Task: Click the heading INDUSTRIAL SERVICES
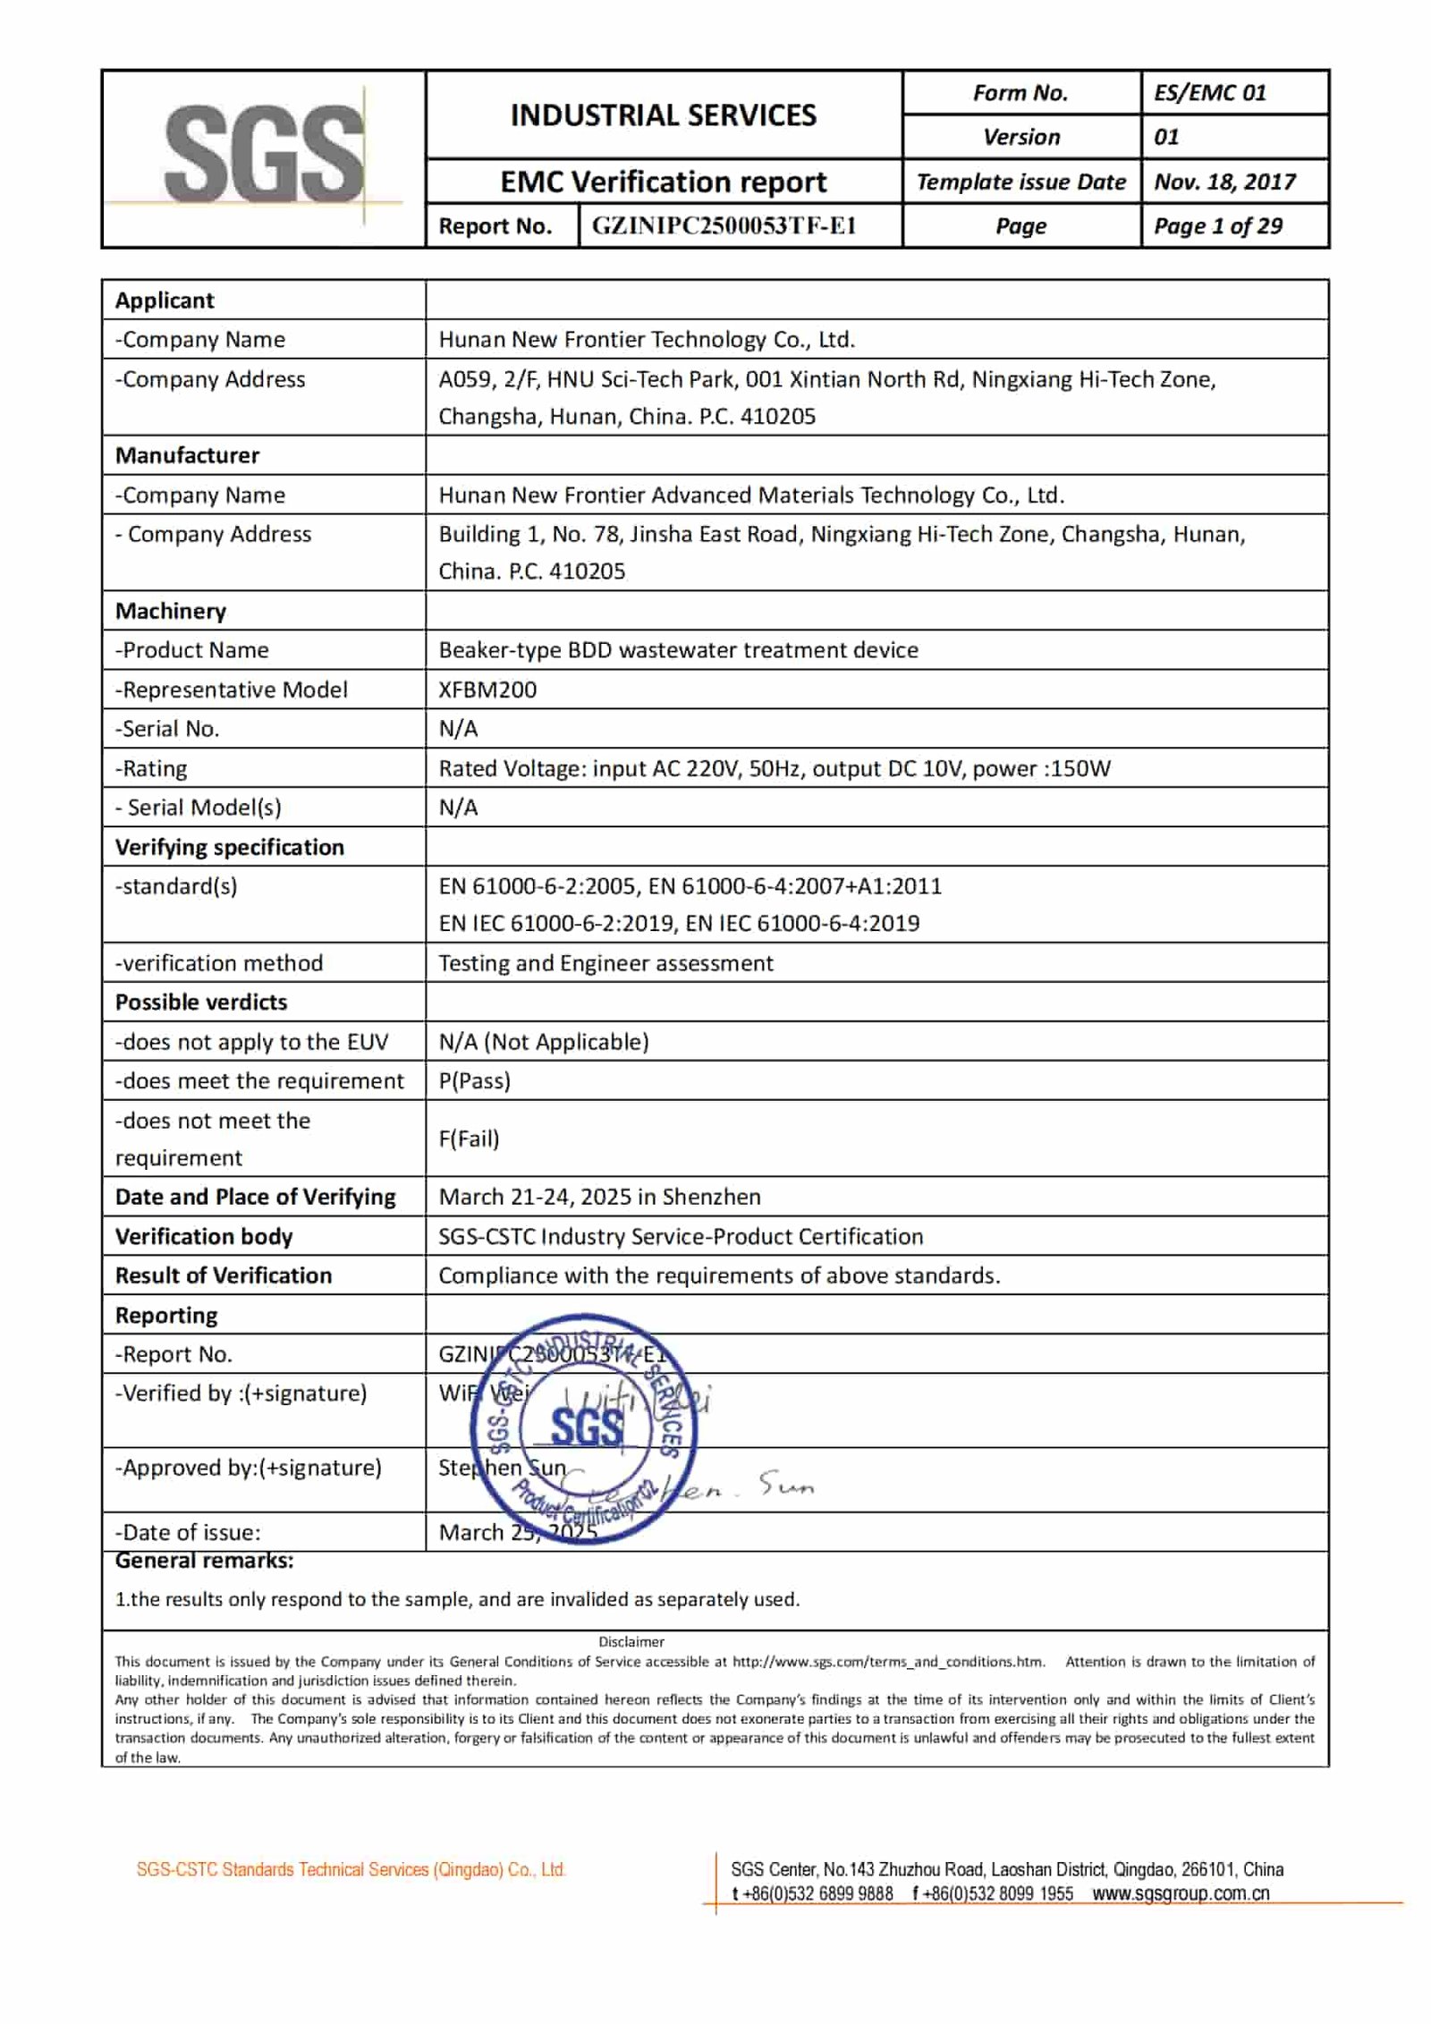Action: click(663, 115)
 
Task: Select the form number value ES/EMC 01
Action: click(1209, 93)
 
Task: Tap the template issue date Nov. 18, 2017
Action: click(1224, 182)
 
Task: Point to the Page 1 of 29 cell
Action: click(1217, 226)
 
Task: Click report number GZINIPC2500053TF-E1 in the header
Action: click(724, 226)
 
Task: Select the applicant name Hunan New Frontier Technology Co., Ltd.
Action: click(646, 340)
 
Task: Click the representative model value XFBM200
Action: click(487, 690)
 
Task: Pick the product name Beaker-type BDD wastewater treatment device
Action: click(678, 650)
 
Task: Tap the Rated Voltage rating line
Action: click(774, 768)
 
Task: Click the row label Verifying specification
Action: click(229, 847)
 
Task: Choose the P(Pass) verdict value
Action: click(474, 1080)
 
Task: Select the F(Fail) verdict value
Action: click(469, 1139)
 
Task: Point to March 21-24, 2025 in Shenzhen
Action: click(599, 1197)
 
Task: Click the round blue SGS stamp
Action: click(583, 1428)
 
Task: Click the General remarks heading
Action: click(204, 1561)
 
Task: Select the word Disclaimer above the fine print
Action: click(631, 1641)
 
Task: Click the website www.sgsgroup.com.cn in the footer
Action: click(1181, 1893)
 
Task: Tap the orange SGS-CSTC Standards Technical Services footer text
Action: click(351, 1869)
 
